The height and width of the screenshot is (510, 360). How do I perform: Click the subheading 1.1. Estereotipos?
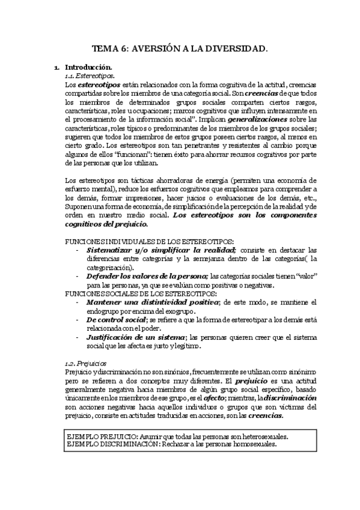85,77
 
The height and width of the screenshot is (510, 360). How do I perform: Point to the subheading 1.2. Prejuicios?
85,363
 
